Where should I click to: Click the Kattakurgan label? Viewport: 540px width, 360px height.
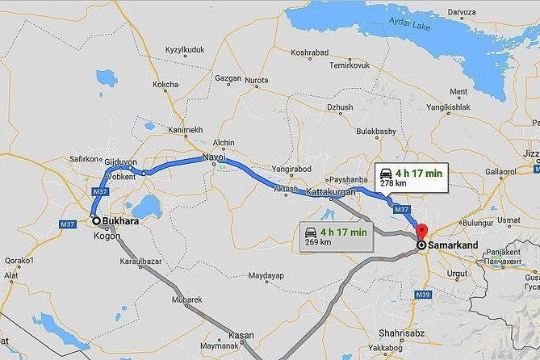(333, 192)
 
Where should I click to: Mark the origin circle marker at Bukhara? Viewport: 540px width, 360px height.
(97, 220)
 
